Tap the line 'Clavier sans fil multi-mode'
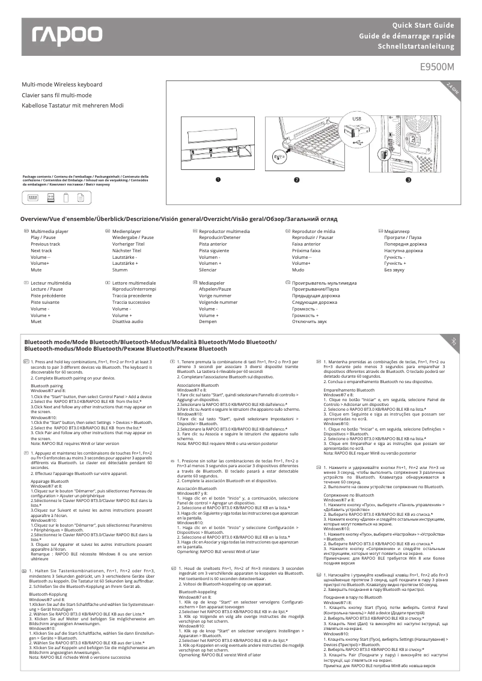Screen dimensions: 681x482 click(56, 95)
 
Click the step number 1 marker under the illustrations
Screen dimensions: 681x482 click(218, 180)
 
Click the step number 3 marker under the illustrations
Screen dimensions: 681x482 click(408, 180)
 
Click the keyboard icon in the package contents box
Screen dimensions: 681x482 click(32, 198)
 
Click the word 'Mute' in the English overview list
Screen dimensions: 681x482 click(37, 270)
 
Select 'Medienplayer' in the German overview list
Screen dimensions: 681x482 click(127, 231)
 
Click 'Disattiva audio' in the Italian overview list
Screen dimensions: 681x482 click(128, 321)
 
